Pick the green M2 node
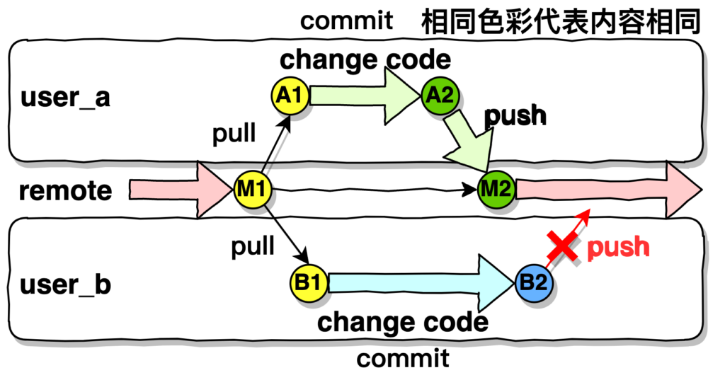click(x=496, y=190)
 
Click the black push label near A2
click(x=515, y=115)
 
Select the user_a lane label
click(x=65, y=97)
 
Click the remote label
click(x=65, y=191)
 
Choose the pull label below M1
click(x=253, y=247)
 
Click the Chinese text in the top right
click(x=559, y=22)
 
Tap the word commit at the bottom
click(x=402, y=359)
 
